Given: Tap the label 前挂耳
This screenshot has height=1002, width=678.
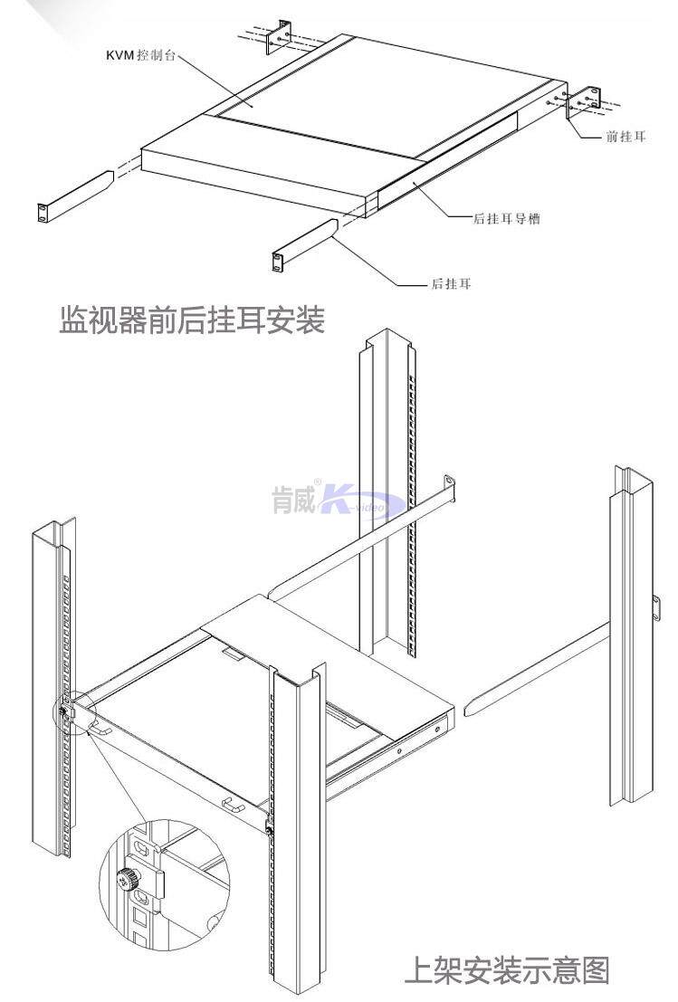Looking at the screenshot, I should (x=625, y=138).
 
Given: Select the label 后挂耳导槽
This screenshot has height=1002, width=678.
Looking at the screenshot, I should (x=507, y=218).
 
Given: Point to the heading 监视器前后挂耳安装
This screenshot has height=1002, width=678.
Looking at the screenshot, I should (x=192, y=320).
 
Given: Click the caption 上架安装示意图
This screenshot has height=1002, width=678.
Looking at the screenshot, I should (x=507, y=969).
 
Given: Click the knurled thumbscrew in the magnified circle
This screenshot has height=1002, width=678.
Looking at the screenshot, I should (x=126, y=877).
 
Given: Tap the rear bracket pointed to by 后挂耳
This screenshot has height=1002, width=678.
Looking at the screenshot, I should (x=304, y=244).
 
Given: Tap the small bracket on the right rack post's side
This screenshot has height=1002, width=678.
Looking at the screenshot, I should (x=654, y=608).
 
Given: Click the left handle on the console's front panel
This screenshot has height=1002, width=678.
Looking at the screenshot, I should (x=102, y=726).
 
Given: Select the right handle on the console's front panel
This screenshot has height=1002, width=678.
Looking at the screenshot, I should (x=234, y=803).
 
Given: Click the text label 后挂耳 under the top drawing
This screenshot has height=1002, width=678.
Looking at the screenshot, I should (x=450, y=285).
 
